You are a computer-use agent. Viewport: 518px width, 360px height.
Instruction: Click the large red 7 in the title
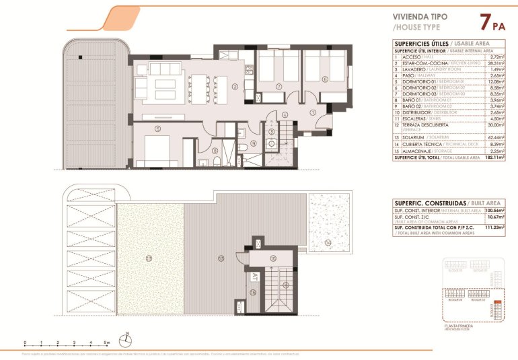(x=484, y=22)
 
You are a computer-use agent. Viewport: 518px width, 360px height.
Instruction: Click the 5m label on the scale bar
(x=107, y=343)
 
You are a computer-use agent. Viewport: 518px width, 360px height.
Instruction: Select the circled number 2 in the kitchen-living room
(x=235, y=86)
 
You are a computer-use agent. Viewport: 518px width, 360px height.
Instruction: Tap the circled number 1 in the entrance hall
(x=313, y=112)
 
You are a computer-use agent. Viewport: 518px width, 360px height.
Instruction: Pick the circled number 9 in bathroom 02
(x=254, y=143)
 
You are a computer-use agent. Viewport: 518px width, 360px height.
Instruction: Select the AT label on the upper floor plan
(x=255, y=277)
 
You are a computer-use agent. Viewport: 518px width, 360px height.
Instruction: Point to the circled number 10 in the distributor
(x=273, y=258)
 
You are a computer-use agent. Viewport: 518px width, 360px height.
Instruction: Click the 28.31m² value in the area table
(x=497, y=63)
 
